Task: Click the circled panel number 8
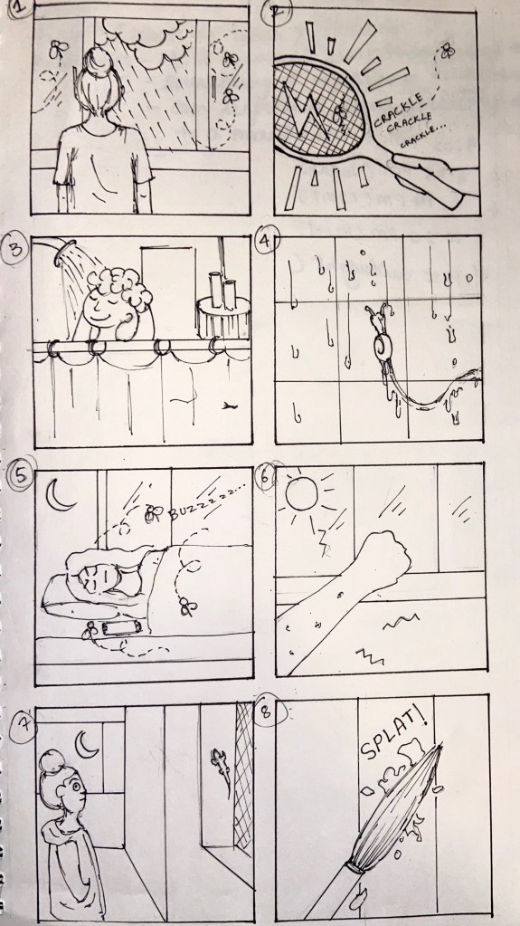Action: point(268,712)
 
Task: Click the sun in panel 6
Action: point(302,493)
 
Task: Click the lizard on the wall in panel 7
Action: point(221,766)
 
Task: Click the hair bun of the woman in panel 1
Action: point(95,61)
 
